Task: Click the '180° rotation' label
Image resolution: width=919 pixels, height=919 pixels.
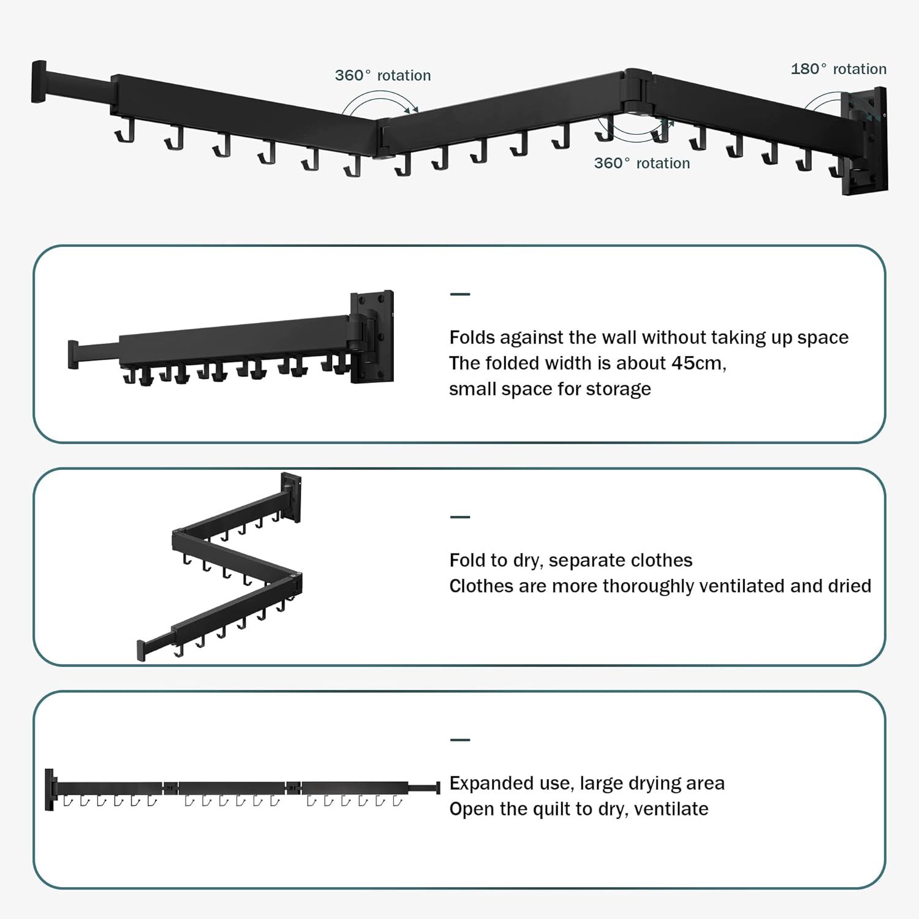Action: click(838, 69)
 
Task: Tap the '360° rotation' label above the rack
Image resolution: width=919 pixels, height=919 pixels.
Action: click(382, 75)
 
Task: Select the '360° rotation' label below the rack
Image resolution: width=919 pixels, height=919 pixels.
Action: click(641, 163)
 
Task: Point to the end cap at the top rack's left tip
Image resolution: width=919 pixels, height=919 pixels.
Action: click(39, 81)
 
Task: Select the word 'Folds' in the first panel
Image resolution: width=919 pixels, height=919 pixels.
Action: click(472, 337)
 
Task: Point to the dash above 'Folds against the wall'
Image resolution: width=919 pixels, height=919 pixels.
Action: click(459, 294)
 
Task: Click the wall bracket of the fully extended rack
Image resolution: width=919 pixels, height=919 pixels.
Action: click(50, 789)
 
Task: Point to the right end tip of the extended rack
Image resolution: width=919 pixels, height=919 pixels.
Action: click(437, 787)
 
